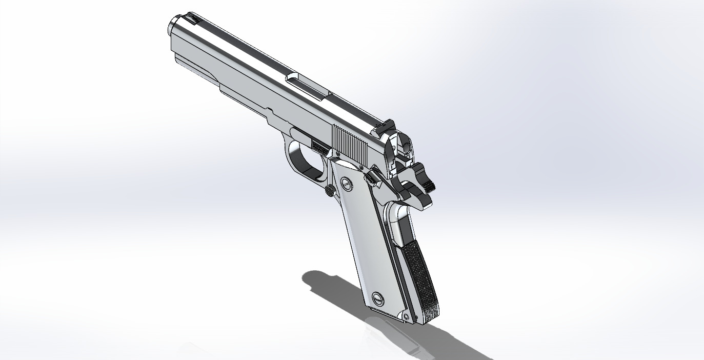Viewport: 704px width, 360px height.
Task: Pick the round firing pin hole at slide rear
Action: [x=406, y=147]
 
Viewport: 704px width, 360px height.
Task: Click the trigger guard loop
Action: [x=303, y=162]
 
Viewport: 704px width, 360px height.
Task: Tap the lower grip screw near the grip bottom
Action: [x=378, y=297]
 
